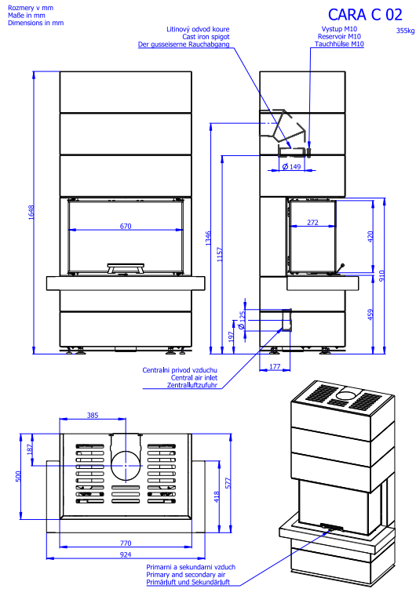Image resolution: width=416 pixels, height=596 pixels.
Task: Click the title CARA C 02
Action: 365,15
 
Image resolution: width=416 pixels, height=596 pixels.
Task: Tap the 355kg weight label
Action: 405,31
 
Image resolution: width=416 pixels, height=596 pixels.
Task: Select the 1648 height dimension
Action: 31,212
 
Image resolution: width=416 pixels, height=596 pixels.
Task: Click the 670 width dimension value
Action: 126,226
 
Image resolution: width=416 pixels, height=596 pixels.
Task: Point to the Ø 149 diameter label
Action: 291,166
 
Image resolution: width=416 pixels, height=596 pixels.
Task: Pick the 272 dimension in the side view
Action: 312,223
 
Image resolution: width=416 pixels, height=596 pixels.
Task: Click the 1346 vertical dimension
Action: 208,238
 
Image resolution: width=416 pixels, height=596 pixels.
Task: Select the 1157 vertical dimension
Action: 220,254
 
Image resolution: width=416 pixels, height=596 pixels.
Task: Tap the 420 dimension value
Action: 370,236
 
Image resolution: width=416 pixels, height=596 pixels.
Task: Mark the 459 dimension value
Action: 370,314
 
